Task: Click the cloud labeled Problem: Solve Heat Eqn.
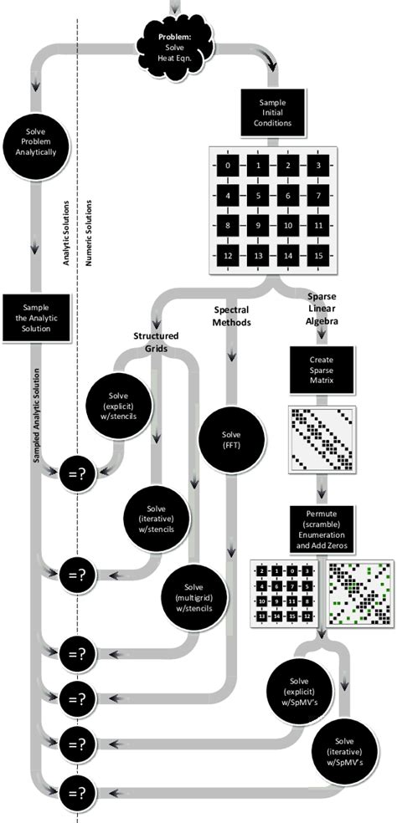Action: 176,43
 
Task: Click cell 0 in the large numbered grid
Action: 228,166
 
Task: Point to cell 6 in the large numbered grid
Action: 287,196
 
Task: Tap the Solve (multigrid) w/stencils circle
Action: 193,597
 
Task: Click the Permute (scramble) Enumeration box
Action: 322,529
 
